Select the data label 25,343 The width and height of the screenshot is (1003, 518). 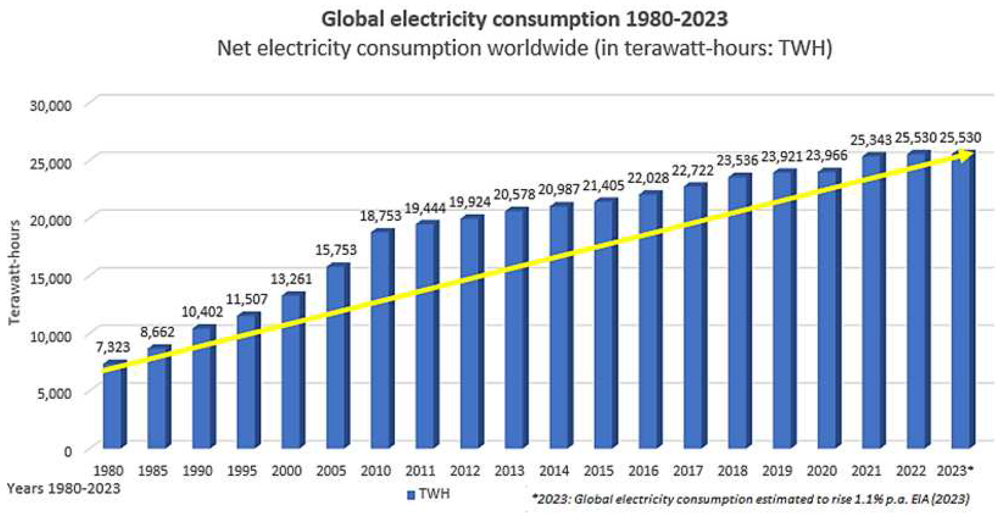coord(870,140)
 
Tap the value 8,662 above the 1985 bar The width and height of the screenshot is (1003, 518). coord(157,332)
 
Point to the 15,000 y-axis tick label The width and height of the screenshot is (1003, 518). coord(51,279)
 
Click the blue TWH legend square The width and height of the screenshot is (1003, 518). coord(411,495)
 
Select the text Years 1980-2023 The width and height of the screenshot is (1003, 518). coord(63,488)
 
